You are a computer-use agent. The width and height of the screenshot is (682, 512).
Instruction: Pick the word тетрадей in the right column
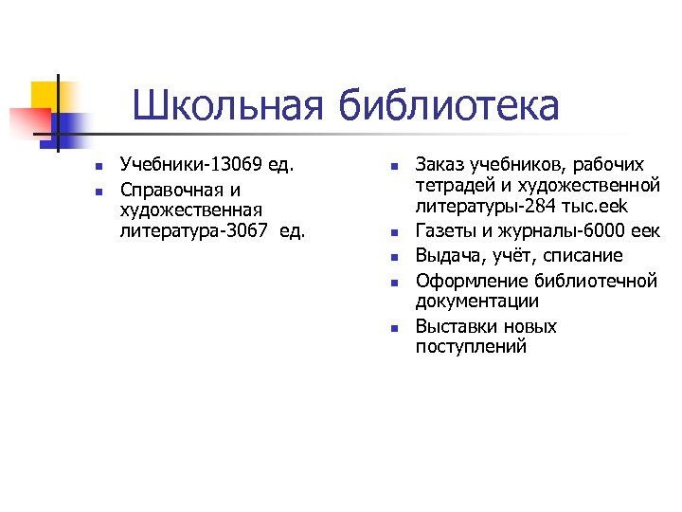(451, 187)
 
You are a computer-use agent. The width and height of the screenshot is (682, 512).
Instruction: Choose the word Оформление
(472, 280)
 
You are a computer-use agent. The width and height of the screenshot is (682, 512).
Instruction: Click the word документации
(477, 302)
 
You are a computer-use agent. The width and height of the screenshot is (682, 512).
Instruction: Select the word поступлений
(471, 347)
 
